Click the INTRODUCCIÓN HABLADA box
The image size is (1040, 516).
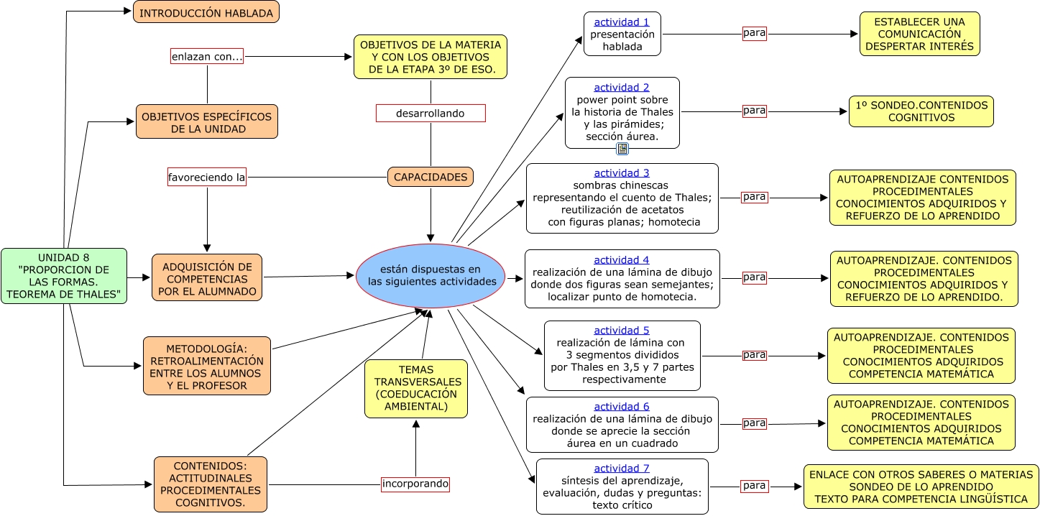[x=206, y=12]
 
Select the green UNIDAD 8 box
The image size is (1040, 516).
[x=64, y=276]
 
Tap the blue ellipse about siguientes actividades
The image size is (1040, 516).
[x=431, y=275]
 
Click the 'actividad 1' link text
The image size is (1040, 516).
[x=622, y=22]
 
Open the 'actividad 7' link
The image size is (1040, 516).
[x=622, y=469]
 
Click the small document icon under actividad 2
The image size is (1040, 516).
[x=622, y=149]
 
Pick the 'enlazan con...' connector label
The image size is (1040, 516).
[x=207, y=56]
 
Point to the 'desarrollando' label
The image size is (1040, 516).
[x=431, y=114]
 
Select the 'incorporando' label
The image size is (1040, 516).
[x=415, y=484]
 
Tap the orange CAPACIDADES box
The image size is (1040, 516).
[x=431, y=177]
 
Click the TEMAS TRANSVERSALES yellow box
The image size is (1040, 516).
[x=416, y=388]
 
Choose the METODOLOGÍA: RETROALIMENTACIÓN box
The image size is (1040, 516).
[x=207, y=366]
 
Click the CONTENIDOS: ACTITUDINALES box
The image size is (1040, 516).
[x=211, y=484]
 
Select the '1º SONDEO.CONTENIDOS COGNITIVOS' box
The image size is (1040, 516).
[x=921, y=111]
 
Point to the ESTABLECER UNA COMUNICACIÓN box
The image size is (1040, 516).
[x=919, y=34]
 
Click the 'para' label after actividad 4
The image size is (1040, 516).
[x=754, y=277]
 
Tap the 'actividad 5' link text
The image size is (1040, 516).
[x=622, y=331]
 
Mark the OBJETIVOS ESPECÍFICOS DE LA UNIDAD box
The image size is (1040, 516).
[x=207, y=122]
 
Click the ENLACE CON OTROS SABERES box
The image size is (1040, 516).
[x=921, y=487]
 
